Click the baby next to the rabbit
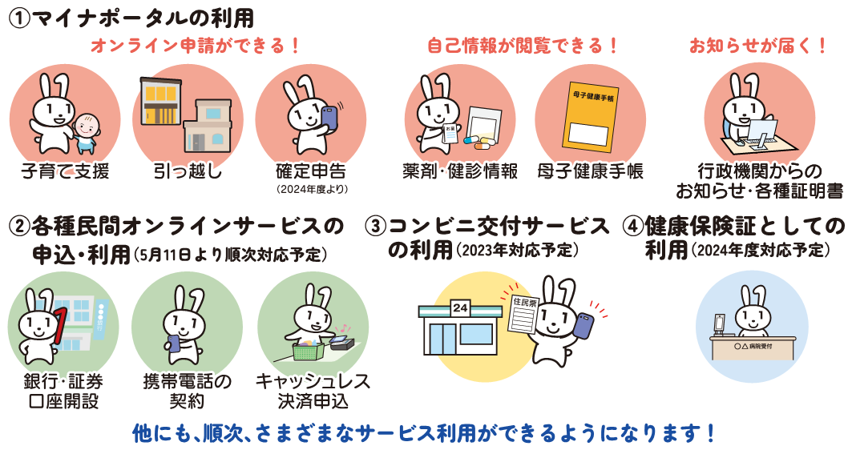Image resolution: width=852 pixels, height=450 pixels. pos(87,133)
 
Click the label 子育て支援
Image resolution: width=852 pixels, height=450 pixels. pos(65,171)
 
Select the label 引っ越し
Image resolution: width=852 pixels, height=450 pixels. pos(188,171)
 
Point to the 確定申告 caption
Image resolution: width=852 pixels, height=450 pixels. pos(311,171)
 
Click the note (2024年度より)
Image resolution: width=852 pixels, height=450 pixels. pos(311,190)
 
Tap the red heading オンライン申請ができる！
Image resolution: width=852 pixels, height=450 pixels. pos(195,46)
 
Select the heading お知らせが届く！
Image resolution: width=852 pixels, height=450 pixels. pos(758,46)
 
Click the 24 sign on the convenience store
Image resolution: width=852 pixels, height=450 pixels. pos(460,307)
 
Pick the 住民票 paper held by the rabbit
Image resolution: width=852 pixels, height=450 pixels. pos(524,315)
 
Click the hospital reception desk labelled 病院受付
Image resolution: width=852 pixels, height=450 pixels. pos(753,348)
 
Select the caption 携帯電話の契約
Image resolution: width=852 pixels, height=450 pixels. pos(187,392)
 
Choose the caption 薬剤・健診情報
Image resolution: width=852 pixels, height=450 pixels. pos(460,171)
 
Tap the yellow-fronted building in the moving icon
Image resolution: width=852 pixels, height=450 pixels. pos(159,104)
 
